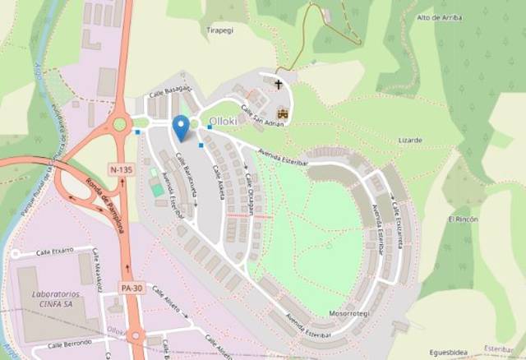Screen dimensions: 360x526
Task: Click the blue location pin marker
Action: (181, 128)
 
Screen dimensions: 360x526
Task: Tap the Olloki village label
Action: (222, 122)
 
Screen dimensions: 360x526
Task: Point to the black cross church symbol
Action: (279, 83)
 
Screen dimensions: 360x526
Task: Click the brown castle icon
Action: (284, 113)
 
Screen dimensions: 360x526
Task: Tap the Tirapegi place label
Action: (220, 29)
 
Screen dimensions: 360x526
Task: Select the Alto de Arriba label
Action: (437, 17)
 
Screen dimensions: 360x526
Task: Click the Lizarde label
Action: (409, 141)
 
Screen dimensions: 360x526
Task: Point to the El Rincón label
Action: (462, 219)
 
